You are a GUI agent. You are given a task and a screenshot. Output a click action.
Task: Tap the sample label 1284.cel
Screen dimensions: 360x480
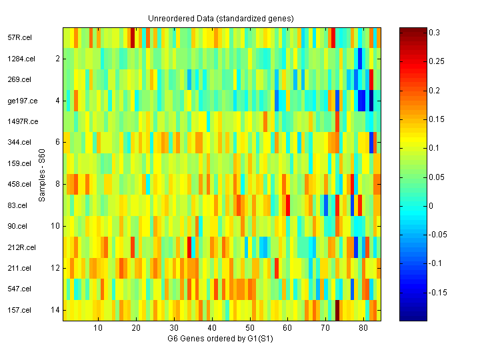20,59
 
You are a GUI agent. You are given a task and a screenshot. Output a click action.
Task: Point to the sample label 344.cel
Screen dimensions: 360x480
19,142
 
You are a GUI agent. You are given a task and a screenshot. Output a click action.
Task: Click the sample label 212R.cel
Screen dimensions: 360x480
21,247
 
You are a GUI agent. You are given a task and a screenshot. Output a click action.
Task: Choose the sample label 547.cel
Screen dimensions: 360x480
19,289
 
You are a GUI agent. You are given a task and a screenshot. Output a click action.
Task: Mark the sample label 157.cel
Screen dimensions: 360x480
19,310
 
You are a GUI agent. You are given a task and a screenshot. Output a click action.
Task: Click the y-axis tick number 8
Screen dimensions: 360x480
57,184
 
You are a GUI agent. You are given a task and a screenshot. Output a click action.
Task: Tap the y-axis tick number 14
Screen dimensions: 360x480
55,310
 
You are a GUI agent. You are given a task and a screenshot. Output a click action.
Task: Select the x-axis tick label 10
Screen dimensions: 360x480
98,329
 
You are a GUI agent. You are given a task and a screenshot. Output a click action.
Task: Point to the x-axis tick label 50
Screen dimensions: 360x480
249,329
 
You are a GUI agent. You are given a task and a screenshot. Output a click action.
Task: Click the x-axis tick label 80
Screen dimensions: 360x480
363,329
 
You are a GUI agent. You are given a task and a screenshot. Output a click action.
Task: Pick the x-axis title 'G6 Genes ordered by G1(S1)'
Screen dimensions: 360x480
221,339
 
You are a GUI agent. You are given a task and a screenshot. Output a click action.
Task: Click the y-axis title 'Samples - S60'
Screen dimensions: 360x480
41,174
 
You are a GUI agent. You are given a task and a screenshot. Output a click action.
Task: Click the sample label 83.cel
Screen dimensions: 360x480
17,205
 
